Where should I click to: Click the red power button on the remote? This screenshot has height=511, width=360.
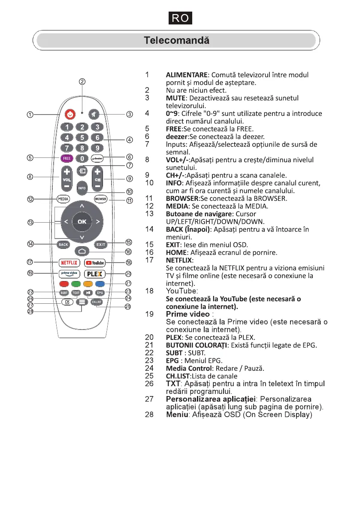coord(70,115)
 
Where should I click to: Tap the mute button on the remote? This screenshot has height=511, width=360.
coord(94,115)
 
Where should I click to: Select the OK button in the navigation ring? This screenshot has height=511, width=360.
coord(82,221)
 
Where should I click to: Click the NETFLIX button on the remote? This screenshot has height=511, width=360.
coord(68,263)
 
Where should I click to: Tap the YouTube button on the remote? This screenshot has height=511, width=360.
coord(94,263)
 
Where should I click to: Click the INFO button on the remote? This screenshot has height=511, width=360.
coord(82,188)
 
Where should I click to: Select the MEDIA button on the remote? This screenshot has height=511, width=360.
coord(63,199)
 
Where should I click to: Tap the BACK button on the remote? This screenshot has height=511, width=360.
coord(64,244)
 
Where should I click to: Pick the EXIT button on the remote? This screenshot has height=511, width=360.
coord(100,244)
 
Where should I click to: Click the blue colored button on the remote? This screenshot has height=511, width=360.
coord(100,284)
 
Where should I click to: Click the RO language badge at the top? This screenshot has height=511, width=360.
coord(180,19)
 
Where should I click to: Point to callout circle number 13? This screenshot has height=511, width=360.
coord(30,222)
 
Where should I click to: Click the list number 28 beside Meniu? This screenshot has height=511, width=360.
coord(149,415)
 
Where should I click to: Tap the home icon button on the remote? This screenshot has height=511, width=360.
coord(82,251)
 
